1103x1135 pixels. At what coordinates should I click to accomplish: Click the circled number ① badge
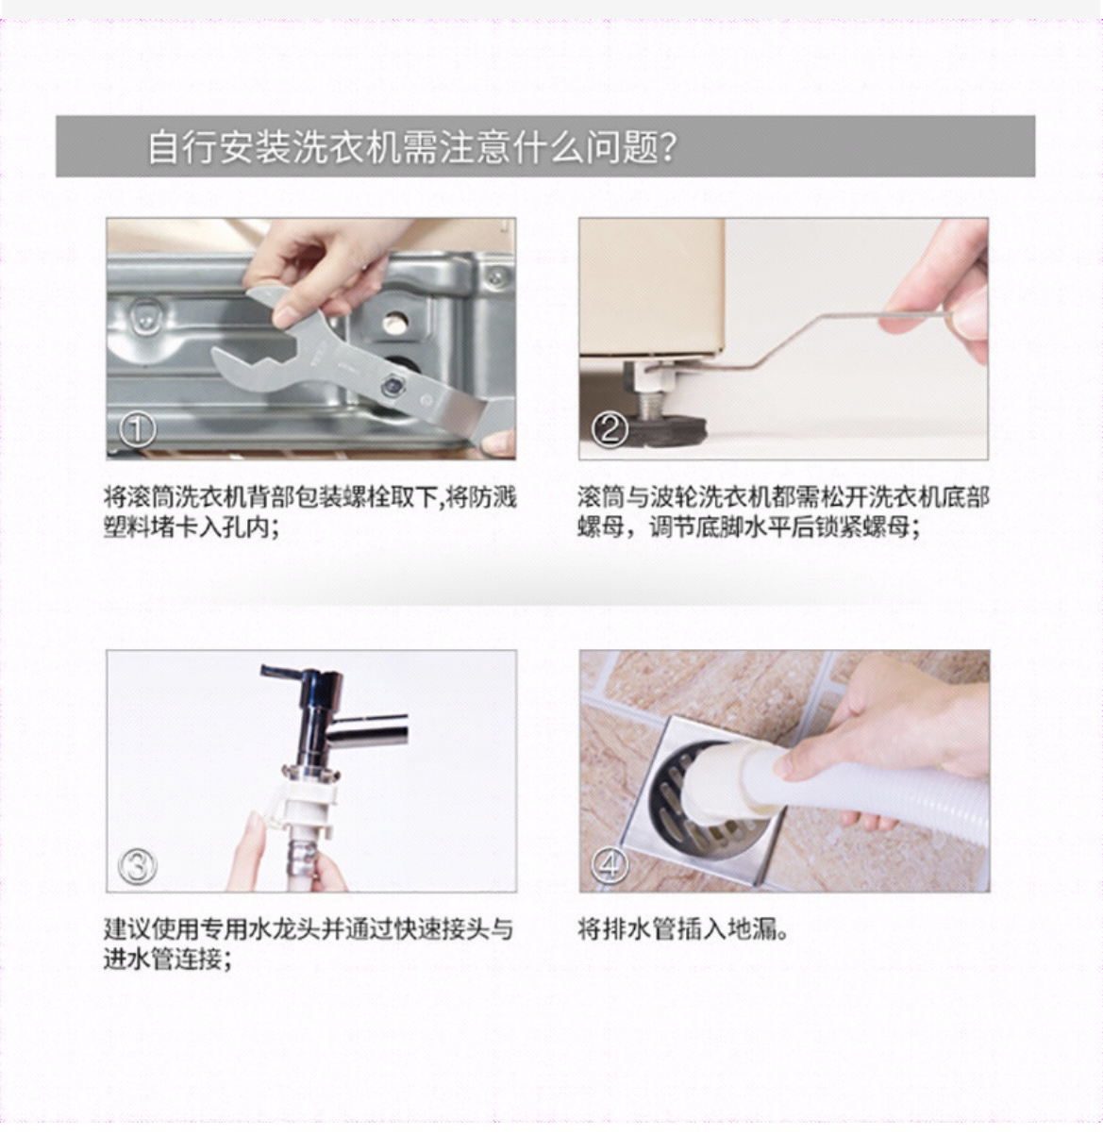137,430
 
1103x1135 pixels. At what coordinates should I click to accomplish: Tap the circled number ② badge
610,430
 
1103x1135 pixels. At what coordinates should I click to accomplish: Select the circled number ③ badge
137,865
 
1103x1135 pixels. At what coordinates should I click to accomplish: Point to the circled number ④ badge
610,864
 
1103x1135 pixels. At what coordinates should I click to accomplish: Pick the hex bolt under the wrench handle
392,385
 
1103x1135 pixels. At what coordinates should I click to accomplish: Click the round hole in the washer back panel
395,321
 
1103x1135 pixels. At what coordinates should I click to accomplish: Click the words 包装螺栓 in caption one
343,497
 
